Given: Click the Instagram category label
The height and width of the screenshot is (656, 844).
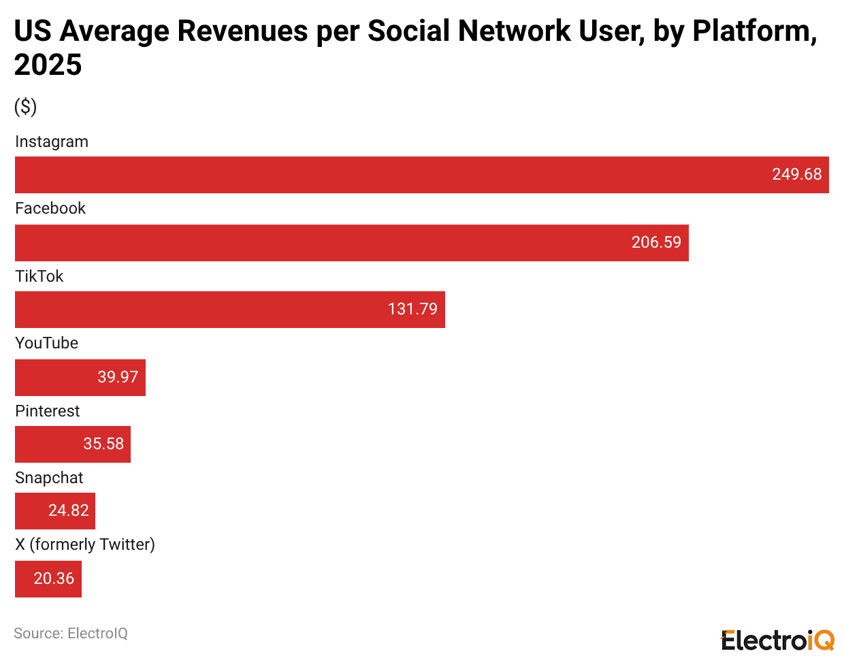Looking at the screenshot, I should tap(52, 142).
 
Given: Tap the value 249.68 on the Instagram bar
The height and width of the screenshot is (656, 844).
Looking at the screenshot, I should tap(796, 174).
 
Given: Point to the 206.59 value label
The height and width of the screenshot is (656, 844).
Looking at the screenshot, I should tap(655, 242).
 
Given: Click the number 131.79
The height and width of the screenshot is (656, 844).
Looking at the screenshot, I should tap(412, 309).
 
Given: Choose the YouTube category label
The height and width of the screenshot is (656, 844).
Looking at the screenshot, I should tap(46, 343).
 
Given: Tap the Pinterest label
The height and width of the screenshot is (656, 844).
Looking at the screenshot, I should tap(47, 411).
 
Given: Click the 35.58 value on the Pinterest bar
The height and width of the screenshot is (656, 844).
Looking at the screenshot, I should tap(103, 444).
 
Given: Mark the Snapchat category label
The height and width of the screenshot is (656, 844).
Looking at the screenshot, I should tap(49, 478).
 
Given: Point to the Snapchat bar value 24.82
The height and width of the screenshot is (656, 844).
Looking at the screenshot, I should tap(68, 510).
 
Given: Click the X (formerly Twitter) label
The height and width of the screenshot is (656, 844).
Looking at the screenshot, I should tap(85, 544).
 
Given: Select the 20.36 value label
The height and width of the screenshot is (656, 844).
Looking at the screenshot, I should tap(54, 578).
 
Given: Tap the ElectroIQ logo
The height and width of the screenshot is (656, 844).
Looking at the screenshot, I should tap(777, 640).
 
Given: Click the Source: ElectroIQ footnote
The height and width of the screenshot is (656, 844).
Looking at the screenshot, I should tap(71, 634).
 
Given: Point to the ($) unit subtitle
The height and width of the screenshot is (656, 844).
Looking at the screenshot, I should tap(25, 107).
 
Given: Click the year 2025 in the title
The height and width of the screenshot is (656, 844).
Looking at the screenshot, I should tap(48, 65).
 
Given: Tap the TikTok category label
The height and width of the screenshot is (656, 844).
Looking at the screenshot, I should tap(39, 276).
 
